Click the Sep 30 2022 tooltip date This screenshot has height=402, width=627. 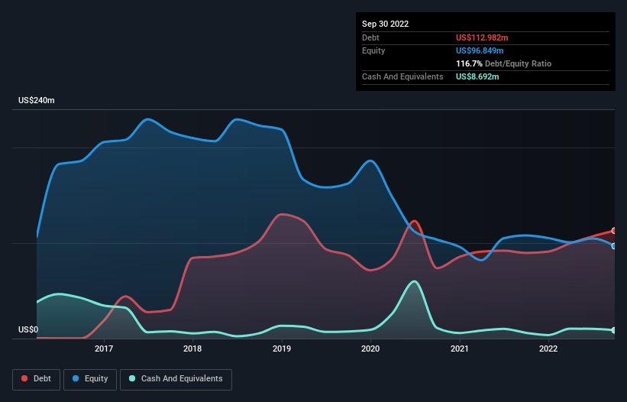click(x=385, y=24)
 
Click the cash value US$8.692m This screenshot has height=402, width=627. click(x=477, y=77)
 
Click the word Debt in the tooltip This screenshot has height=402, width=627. click(x=370, y=37)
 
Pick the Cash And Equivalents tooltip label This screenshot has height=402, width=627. click(x=402, y=77)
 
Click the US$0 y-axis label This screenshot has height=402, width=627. click(x=27, y=330)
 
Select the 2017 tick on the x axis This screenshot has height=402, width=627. click(x=104, y=349)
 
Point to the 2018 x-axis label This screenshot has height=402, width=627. click(x=192, y=349)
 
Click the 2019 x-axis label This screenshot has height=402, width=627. click(x=282, y=349)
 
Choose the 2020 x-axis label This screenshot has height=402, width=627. click(x=370, y=349)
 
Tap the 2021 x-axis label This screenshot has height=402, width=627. click(x=460, y=349)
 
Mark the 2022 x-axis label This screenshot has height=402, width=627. click(x=548, y=349)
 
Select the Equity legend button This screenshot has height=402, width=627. click(x=90, y=379)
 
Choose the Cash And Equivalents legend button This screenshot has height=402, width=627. click(x=176, y=379)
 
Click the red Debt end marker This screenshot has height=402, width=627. click(x=614, y=231)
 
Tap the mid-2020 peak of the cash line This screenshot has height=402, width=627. click(x=414, y=281)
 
